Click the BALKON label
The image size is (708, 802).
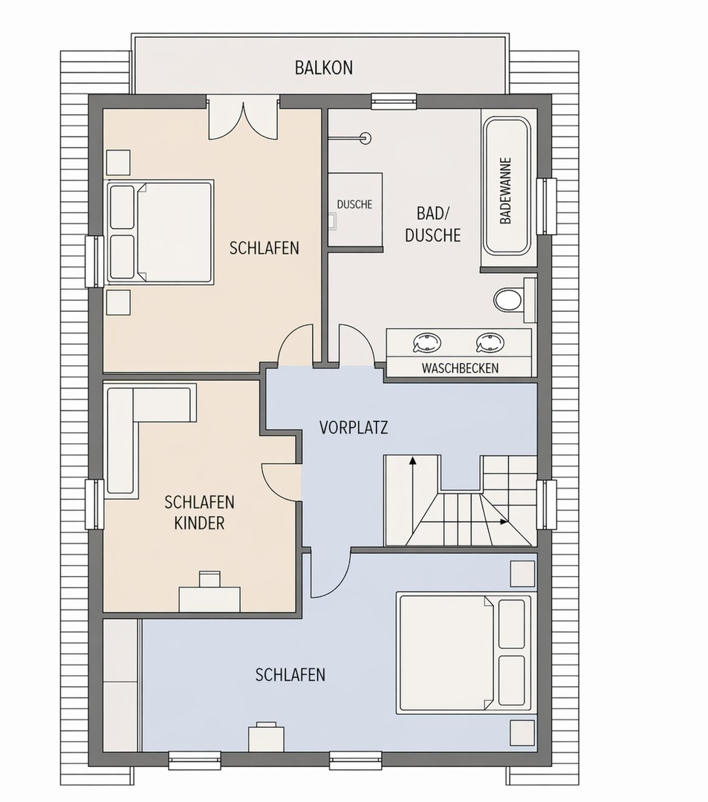(x=324, y=68)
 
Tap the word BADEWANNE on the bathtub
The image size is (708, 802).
(x=505, y=190)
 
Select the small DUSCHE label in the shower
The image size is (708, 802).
(x=354, y=205)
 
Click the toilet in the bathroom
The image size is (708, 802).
(x=509, y=299)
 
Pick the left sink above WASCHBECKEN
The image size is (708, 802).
(x=426, y=342)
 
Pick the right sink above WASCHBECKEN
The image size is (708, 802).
(x=490, y=342)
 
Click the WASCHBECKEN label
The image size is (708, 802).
(x=460, y=368)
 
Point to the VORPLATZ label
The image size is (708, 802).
(x=354, y=427)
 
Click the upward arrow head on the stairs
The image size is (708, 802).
(x=412, y=460)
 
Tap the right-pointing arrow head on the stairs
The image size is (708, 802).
(x=504, y=522)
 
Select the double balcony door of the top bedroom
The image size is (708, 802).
(x=244, y=119)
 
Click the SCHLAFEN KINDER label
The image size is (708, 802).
(x=200, y=512)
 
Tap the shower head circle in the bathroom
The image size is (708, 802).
(x=366, y=137)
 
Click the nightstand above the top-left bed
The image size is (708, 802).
(x=118, y=163)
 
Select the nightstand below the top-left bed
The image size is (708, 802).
(x=118, y=302)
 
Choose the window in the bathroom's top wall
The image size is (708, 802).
(x=394, y=101)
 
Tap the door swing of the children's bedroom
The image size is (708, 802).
(x=281, y=480)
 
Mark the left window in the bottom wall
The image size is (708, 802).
(x=195, y=760)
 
